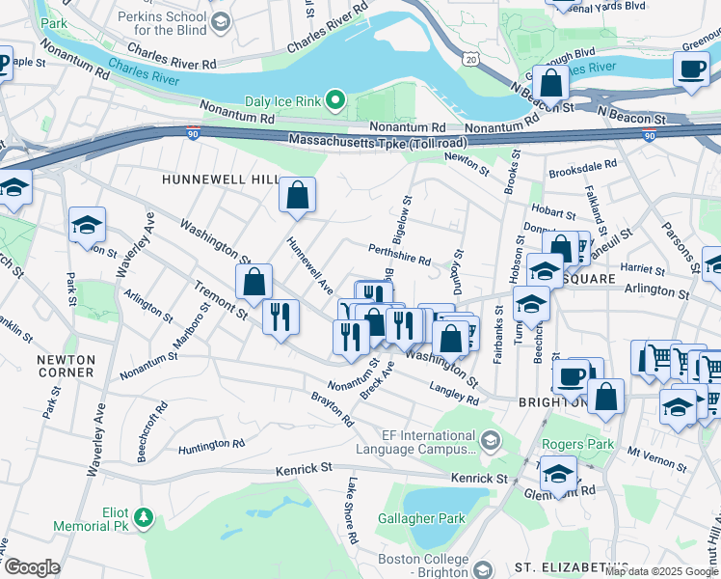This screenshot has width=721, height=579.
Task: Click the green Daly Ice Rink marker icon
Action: (335, 99)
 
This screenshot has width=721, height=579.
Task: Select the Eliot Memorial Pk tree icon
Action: (144, 518)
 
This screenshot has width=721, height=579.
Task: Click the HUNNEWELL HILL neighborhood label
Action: (219, 180)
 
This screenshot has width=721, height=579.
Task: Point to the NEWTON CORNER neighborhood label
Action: (66, 365)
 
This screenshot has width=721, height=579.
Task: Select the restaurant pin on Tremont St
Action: (280, 317)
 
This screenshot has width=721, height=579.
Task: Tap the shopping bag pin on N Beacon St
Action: (550, 84)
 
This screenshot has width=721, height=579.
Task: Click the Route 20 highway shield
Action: (469, 60)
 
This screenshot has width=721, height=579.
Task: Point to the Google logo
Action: (32, 567)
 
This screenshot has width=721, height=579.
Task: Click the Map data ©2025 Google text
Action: (660, 571)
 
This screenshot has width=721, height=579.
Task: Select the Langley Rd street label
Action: (460, 394)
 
